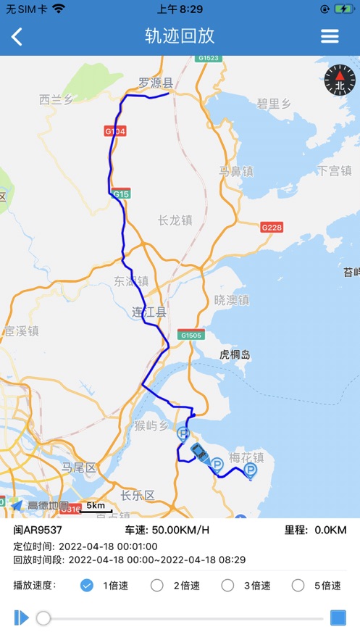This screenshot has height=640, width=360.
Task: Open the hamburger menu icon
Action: point(330,36)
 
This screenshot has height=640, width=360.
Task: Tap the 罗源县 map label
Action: point(156,83)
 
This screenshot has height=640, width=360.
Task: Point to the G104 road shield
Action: point(115,131)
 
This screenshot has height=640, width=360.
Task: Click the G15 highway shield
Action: point(121,194)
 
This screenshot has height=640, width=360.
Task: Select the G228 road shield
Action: point(272,227)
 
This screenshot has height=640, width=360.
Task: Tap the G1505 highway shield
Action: point(191,335)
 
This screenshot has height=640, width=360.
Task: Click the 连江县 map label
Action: point(149,312)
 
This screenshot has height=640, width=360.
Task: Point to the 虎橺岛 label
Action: point(235,354)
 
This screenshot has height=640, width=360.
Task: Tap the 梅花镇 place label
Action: point(246,457)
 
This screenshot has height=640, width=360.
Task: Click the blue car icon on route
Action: point(198,452)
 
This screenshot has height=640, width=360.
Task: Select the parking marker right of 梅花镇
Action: point(251,470)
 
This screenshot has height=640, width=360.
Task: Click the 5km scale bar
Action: point(95,507)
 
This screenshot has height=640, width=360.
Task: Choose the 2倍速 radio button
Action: point(156,586)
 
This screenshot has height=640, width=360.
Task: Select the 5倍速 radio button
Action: point(298,586)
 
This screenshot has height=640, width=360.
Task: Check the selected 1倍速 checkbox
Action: point(87,586)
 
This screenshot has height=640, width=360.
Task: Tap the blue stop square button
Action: point(338,618)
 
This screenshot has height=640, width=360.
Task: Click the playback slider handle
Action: point(43,618)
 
